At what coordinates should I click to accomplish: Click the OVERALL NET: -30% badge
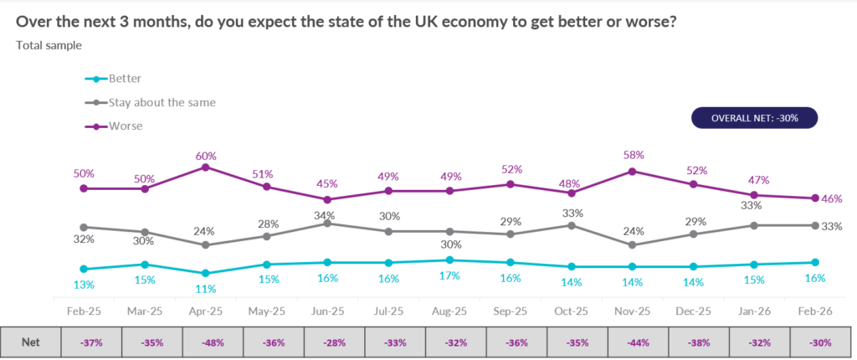coord(754,118)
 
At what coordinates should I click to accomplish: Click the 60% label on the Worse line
coord(206,156)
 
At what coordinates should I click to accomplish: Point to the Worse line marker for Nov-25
coord(633,171)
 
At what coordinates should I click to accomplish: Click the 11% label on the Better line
coord(206,289)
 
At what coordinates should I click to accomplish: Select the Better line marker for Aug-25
coord(449,260)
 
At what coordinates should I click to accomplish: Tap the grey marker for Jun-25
coord(328,223)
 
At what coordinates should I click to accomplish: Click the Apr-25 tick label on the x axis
coord(206,310)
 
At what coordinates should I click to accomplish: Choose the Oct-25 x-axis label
coord(572,310)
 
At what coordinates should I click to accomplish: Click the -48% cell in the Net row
coord(206,342)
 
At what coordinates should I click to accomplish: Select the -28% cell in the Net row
coord(328,342)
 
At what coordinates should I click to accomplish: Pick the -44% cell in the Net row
coord(633,342)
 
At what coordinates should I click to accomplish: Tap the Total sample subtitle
coord(49,45)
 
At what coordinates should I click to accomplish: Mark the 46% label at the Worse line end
coord(832,199)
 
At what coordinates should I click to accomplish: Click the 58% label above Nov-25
coord(633,156)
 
